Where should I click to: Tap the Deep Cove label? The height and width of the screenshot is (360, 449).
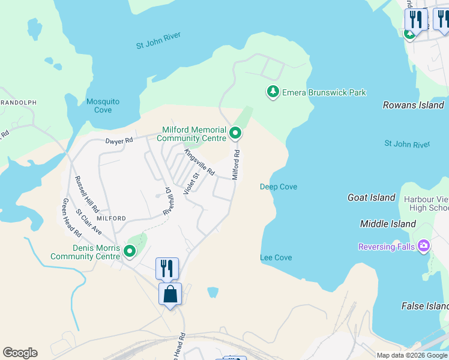(279, 187)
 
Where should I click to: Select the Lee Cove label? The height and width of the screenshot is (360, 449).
(276, 257)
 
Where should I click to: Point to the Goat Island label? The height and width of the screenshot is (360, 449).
(371, 197)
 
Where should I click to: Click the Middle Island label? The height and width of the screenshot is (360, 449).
(388, 224)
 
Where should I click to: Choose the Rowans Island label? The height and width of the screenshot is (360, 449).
(414, 105)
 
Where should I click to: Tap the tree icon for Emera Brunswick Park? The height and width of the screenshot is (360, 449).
(273, 92)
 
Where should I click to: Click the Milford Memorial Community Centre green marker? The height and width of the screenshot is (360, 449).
(236, 133)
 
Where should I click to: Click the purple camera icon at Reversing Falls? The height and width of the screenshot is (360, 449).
(424, 245)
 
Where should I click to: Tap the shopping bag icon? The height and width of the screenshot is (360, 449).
(170, 294)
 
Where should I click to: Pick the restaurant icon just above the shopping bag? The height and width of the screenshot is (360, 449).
(167, 268)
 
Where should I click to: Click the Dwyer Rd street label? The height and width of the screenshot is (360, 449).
(118, 141)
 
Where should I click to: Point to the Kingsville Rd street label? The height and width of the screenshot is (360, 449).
(199, 162)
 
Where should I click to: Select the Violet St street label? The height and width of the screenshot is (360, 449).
(191, 187)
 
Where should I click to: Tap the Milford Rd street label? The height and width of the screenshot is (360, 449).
(237, 164)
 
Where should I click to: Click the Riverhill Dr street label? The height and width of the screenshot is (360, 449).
(168, 202)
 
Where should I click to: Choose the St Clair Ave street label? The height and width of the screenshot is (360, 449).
(89, 221)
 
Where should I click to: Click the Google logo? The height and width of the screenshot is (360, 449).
(20, 353)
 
